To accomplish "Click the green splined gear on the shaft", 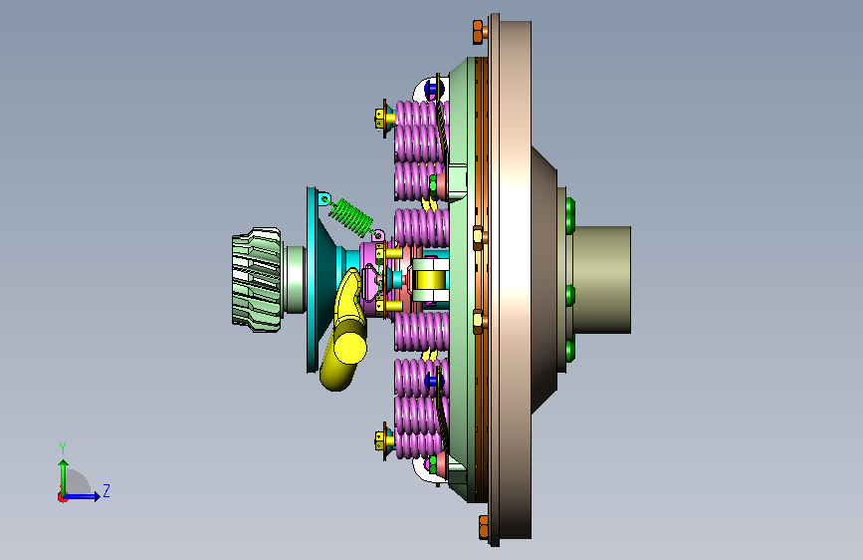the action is click(257, 279).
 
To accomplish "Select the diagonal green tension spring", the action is click(351, 216).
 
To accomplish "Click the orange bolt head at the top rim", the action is click(478, 32).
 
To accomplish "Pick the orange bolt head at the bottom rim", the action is click(484, 527).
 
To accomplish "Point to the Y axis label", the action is click(63, 447).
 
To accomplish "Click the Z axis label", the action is click(107, 490).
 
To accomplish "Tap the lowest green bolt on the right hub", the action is click(570, 351).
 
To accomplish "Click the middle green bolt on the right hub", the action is click(570, 295).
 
